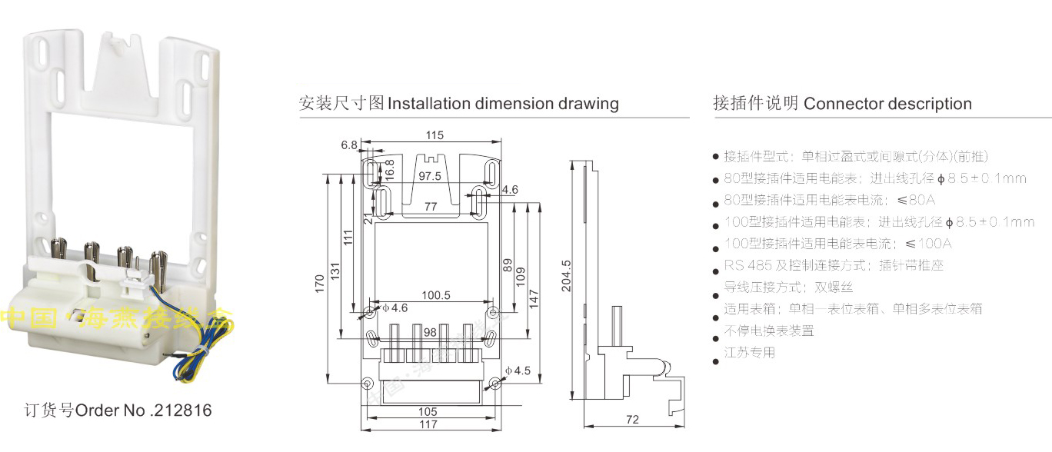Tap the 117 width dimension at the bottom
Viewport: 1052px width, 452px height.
click(x=428, y=424)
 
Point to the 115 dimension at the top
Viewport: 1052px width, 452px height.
click(x=434, y=136)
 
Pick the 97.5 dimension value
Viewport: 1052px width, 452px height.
click(x=429, y=176)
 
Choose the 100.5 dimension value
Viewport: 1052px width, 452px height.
click(x=435, y=295)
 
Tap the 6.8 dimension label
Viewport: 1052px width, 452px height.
click(x=349, y=145)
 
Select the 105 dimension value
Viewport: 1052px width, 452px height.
click(x=428, y=412)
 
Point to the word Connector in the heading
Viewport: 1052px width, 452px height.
click(x=843, y=104)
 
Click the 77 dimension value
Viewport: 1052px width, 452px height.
click(x=431, y=207)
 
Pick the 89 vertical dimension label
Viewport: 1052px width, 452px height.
click(x=508, y=265)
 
